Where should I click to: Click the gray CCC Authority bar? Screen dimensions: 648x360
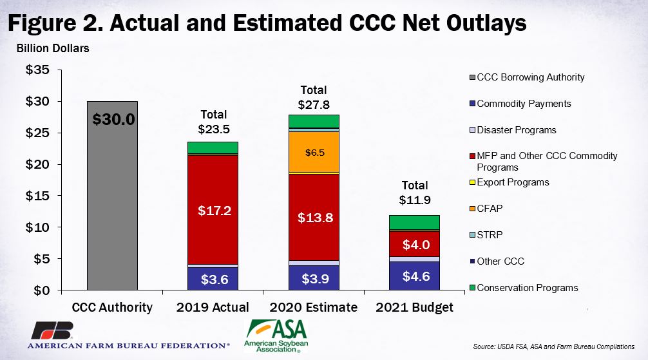coord(112,196)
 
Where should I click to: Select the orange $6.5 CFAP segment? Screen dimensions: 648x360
coord(314,152)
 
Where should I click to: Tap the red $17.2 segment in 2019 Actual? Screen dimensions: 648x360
coord(213,209)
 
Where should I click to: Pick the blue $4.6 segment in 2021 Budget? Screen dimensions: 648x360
coord(415,276)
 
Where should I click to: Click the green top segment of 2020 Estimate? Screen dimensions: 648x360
coord(314,121)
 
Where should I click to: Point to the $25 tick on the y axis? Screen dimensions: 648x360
coord(59,133)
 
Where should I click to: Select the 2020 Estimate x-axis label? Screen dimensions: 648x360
coord(314,307)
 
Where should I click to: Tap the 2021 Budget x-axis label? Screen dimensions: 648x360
coord(415,307)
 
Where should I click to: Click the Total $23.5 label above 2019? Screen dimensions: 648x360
coord(214,122)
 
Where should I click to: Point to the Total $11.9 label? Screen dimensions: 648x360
coord(415,193)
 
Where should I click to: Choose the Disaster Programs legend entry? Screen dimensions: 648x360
coord(513,130)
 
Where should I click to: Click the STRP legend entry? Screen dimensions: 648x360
coord(486,235)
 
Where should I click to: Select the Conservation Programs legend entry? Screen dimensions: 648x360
coord(524,288)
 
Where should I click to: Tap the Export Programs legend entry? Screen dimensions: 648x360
coord(509,182)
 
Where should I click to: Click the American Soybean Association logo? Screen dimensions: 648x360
coord(276,336)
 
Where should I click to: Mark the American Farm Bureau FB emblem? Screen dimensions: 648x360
coord(52,330)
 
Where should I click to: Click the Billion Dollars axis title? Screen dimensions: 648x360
coord(53,48)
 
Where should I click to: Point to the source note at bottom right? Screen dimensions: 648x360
coord(554,346)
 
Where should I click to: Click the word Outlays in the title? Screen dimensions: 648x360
coord(486,23)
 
